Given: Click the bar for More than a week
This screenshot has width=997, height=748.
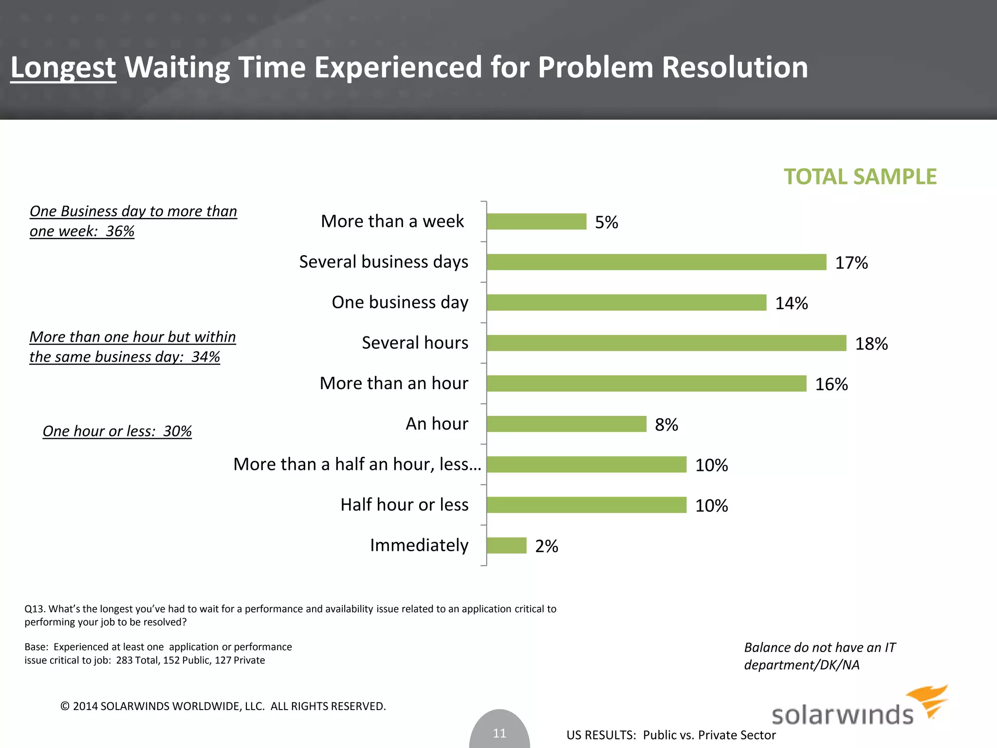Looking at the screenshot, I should pyautogui.click(x=536, y=222).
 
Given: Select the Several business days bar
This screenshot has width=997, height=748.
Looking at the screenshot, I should pyautogui.click(x=656, y=262).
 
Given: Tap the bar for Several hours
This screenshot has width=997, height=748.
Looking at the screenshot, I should pyautogui.click(x=666, y=343).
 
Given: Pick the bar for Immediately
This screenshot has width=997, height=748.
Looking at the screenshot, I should pyautogui.click(x=507, y=545).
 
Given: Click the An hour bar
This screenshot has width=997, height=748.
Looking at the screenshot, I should pyautogui.click(x=567, y=424).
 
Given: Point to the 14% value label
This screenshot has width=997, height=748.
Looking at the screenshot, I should pyautogui.click(x=791, y=303).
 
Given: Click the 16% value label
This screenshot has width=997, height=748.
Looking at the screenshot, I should pyautogui.click(x=831, y=384).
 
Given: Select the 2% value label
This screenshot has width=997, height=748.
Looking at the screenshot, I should pyautogui.click(x=546, y=546).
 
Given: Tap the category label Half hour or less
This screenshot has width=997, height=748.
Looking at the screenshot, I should pyautogui.click(x=404, y=505).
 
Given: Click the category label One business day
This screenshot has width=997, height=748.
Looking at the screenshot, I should pyautogui.click(x=400, y=302).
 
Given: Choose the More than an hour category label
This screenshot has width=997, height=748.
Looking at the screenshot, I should pyautogui.click(x=394, y=383).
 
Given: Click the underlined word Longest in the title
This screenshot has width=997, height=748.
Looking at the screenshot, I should pyautogui.click(x=63, y=67).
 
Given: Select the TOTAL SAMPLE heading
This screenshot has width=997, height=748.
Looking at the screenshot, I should pyautogui.click(x=860, y=176).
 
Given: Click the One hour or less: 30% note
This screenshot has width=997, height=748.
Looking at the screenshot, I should pyautogui.click(x=117, y=431).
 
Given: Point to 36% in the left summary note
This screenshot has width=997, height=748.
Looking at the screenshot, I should pyautogui.click(x=120, y=231).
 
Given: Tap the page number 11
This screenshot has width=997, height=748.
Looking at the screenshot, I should pyautogui.click(x=499, y=733).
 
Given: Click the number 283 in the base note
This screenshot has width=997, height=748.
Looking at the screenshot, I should pyautogui.click(x=125, y=660).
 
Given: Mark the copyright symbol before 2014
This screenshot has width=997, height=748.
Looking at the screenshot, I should pyautogui.click(x=65, y=706).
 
